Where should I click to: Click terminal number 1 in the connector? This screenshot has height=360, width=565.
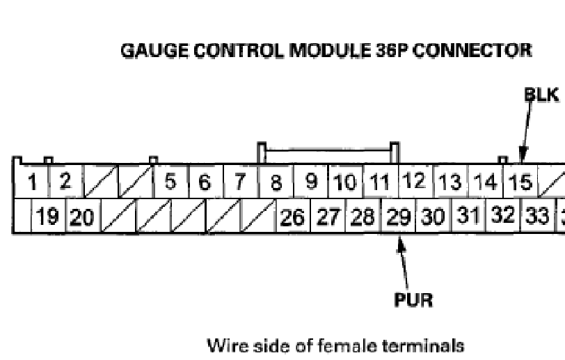[x=31, y=182]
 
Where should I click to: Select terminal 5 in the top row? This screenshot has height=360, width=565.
[x=170, y=182]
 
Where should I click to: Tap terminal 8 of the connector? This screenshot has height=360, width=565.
[x=276, y=182]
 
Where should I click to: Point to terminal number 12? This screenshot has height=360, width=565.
[x=415, y=181]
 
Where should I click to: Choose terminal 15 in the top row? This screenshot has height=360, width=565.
[x=520, y=182]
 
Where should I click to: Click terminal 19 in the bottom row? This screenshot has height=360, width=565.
[x=48, y=217]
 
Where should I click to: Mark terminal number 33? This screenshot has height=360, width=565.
[x=538, y=217]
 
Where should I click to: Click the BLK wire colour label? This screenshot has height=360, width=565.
[x=541, y=95]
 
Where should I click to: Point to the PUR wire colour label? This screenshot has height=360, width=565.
[x=413, y=300]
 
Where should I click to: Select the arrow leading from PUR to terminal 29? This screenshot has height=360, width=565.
[x=404, y=263]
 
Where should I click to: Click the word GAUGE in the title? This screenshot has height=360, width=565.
[x=154, y=51]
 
